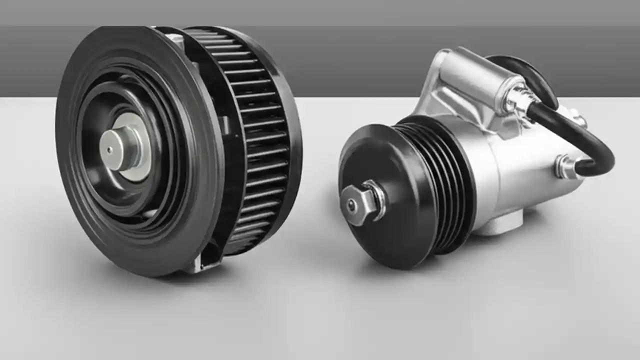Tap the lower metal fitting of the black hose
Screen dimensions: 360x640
coord(565,166)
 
